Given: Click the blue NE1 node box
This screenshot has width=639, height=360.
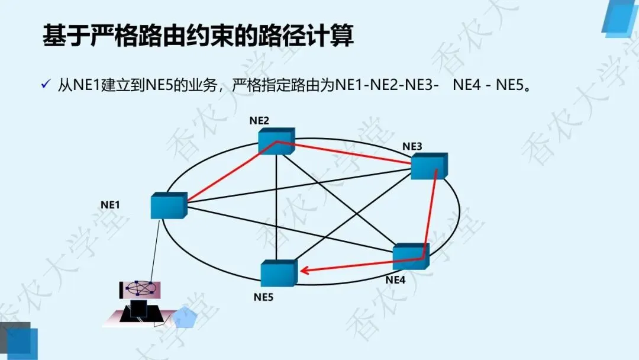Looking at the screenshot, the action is point(168,205).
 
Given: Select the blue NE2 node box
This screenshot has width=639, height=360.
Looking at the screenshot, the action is point(276,142).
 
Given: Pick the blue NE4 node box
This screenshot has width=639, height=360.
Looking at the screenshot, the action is point(410,257).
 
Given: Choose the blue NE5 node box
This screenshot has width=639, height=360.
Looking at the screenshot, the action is point(278,272).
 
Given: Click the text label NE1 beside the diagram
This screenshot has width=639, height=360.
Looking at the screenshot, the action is point(110,205).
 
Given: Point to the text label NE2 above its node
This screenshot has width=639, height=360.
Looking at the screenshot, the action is point(259,121).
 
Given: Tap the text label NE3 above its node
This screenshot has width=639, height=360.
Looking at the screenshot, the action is point(412,146).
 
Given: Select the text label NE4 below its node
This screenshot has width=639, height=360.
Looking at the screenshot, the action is point(395,280).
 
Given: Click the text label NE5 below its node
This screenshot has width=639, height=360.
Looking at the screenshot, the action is point(263,297).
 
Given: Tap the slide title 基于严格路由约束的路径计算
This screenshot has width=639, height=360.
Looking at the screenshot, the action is point(198,36).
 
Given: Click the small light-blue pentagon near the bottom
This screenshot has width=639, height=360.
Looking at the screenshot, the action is point(185,318).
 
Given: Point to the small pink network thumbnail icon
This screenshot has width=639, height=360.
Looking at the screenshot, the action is point(140,288).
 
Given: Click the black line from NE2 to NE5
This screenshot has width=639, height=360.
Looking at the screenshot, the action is point(276,207).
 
